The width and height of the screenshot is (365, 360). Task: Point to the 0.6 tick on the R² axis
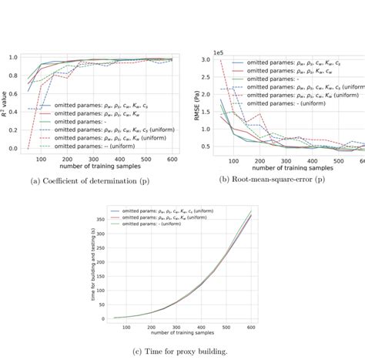pos(21,94)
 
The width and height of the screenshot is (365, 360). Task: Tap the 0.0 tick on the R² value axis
pos(21,149)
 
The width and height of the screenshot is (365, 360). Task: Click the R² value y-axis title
pos(8,102)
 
